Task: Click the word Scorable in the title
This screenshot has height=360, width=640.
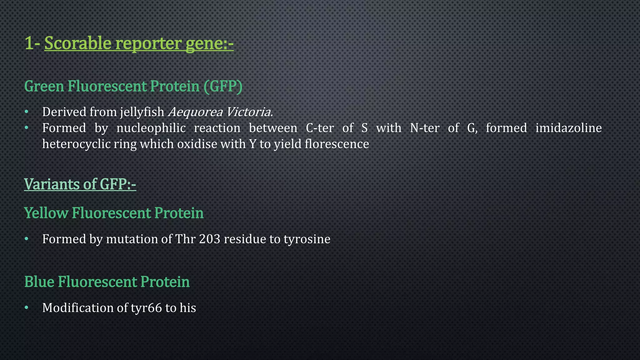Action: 78,43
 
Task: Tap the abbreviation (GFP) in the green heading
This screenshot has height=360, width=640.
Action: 223,86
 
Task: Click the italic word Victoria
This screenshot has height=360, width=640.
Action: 249,112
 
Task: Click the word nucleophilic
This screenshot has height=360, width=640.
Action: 151,128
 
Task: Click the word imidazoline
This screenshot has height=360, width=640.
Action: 568,128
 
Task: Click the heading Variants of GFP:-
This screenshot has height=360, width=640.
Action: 80,184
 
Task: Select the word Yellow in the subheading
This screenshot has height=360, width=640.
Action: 46,213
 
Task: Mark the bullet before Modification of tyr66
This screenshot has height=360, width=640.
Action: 27,308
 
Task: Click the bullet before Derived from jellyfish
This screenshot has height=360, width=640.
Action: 27,112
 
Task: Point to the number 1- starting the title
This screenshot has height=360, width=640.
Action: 32,43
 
